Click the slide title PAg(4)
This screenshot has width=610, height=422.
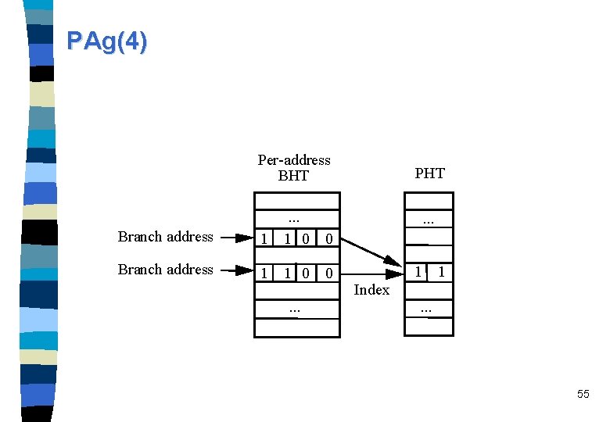pyautogui.click(x=106, y=41)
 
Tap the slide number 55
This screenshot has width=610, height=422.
pyautogui.click(x=583, y=394)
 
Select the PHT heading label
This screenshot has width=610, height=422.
pyautogui.click(x=429, y=173)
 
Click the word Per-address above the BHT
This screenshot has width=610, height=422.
pyautogui.click(x=294, y=160)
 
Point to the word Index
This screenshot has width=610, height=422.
pyautogui.click(x=371, y=290)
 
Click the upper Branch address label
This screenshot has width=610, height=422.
pyautogui.click(x=165, y=237)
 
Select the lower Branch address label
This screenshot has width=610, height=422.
pyautogui.click(x=165, y=270)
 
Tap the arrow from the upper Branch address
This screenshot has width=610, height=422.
pyautogui.click(x=237, y=237)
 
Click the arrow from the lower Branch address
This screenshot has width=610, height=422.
pyautogui.click(x=237, y=270)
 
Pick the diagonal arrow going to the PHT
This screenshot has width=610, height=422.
pyautogui.click(x=371, y=250)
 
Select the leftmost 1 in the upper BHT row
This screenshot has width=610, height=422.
pyautogui.click(x=265, y=238)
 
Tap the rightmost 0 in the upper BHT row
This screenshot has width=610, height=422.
pyautogui.click(x=329, y=238)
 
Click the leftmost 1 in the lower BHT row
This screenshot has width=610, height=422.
pyautogui.click(x=265, y=274)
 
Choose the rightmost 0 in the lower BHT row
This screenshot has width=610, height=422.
pyautogui.click(x=329, y=274)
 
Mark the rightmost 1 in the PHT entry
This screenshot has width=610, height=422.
pyautogui.click(x=442, y=272)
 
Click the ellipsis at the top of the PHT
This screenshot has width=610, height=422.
pyautogui.click(x=429, y=222)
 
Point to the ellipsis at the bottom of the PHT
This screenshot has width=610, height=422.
pyautogui.click(x=425, y=310)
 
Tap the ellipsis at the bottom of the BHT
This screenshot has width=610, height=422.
pyautogui.click(x=295, y=309)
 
